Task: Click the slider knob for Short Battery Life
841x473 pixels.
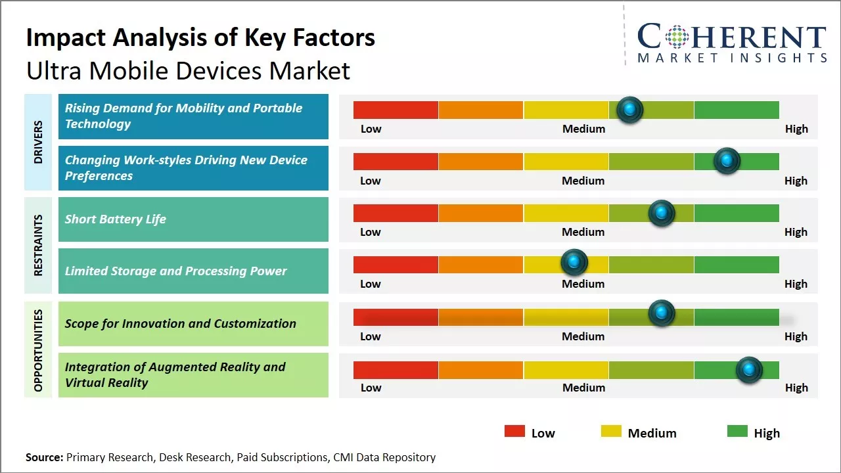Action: coord(662,213)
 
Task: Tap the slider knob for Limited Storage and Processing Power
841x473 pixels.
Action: coord(574,263)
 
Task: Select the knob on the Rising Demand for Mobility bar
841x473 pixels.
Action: coord(630,110)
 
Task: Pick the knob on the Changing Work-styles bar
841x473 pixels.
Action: coord(727,161)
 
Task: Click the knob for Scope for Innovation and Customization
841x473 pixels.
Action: coord(662,313)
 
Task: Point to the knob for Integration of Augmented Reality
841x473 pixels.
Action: coord(748,370)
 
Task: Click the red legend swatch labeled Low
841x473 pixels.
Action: coord(514,432)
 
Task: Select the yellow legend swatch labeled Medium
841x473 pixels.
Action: coord(611,432)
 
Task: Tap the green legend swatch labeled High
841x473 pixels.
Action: coord(737,432)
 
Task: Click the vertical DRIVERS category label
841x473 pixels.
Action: coord(38,142)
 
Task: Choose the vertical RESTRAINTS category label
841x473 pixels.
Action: coord(38,245)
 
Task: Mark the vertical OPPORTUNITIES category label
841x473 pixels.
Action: coord(38,350)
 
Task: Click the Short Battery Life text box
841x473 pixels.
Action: coord(193,219)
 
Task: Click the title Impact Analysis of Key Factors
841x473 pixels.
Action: coord(200,38)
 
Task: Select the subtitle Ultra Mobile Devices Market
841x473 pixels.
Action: coord(188,70)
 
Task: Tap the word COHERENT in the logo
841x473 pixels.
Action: coord(732,37)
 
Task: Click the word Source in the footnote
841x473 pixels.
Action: coord(44,457)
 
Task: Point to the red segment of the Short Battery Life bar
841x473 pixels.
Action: coord(396,213)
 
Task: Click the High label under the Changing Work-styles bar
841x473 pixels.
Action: coord(796,181)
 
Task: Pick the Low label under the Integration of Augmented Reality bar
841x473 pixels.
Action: coord(371,388)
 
